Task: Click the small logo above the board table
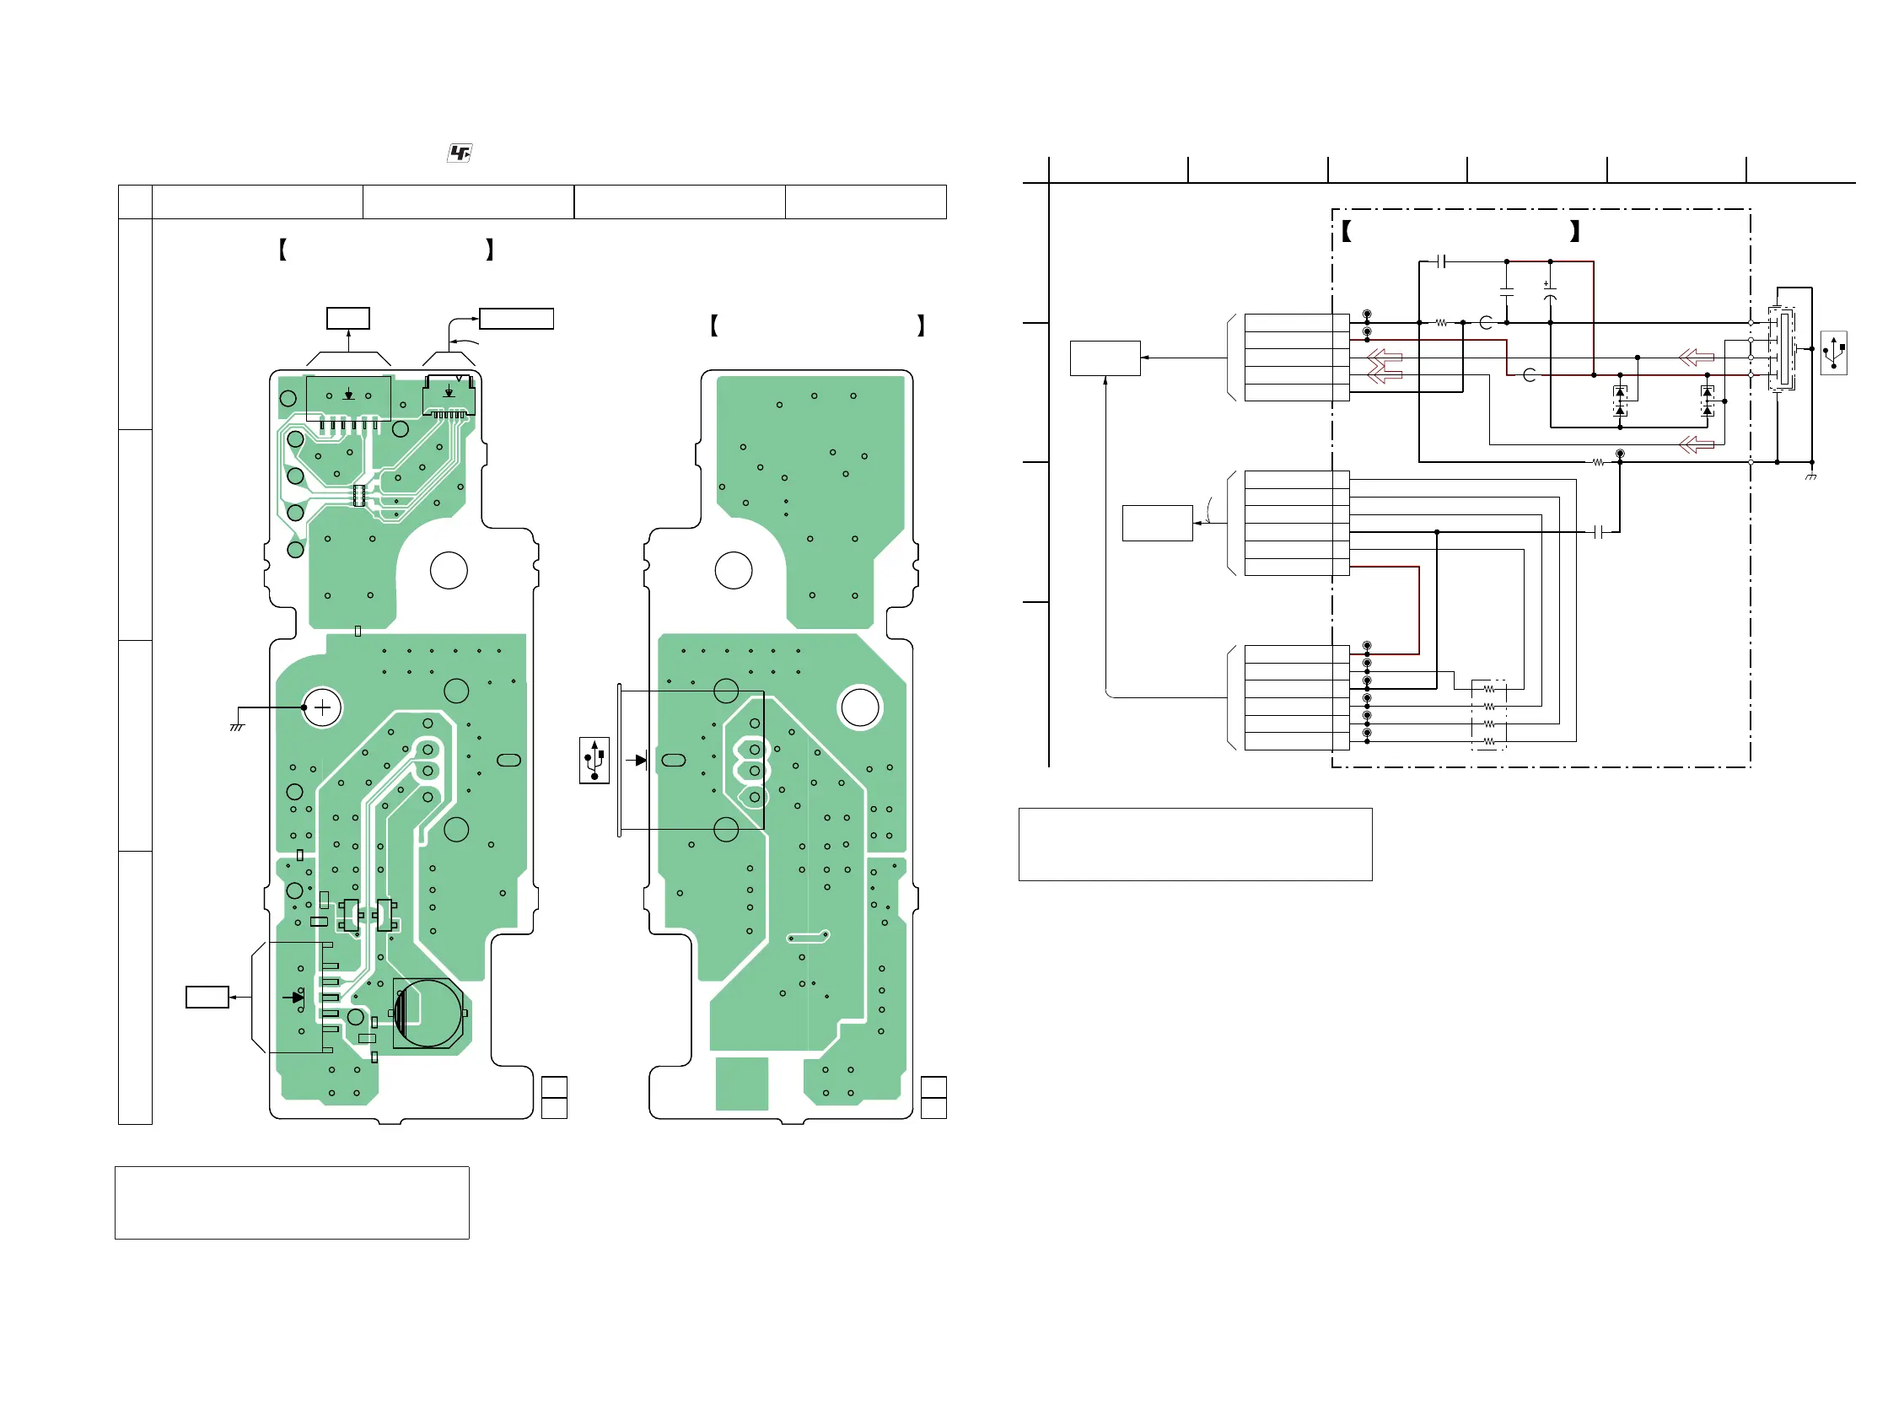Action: pyautogui.click(x=460, y=153)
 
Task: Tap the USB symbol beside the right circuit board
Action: pyautogui.click(x=594, y=760)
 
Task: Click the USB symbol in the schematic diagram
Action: pyautogui.click(x=1833, y=352)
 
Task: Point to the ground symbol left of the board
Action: pyautogui.click(x=236, y=727)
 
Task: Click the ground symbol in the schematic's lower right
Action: pyautogui.click(x=1810, y=476)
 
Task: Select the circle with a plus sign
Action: pyautogui.click(x=323, y=707)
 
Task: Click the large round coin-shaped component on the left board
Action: pyautogui.click(x=428, y=1013)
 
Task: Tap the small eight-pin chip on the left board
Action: pyautogui.click(x=359, y=495)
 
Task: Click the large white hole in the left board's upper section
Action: pyautogui.click(x=449, y=570)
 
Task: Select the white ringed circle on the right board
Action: pyautogui.click(x=859, y=707)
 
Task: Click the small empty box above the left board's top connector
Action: pyautogui.click(x=348, y=318)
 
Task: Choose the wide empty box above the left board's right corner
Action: pyautogui.click(x=516, y=318)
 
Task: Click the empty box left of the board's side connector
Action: pyautogui.click(x=207, y=997)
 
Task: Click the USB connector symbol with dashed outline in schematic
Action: pyautogui.click(x=1781, y=350)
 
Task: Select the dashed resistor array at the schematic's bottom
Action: pyautogui.click(x=1488, y=715)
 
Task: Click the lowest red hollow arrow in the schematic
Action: pyautogui.click(x=1696, y=444)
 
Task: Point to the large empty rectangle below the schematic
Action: pyautogui.click(x=1195, y=844)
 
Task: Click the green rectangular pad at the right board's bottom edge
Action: pyautogui.click(x=742, y=1084)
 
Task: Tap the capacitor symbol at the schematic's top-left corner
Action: pyautogui.click(x=1441, y=261)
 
